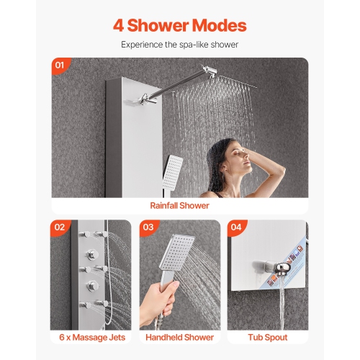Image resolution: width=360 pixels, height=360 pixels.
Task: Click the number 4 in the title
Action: (119, 26)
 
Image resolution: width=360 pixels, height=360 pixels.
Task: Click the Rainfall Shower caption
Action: (179, 206)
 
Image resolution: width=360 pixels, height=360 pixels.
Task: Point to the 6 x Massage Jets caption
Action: (91, 337)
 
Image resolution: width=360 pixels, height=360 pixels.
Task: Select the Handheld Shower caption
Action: (179, 337)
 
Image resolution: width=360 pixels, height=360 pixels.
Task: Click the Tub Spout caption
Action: (268, 337)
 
